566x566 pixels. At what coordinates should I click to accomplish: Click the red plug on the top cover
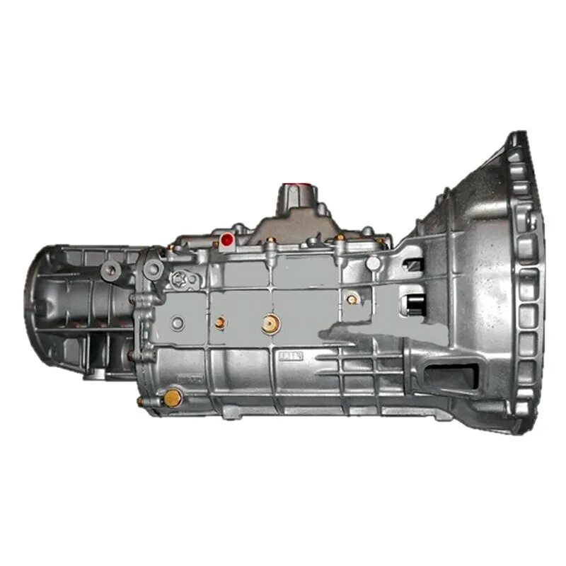click(x=227, y=240)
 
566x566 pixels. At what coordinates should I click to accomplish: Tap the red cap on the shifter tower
click(x=290, y=188)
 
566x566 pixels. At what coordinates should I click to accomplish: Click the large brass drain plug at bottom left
click(x=172, y=398)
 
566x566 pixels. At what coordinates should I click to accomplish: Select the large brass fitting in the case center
click(x=269, y=325)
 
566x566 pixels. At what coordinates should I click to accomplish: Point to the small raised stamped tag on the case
click(x=291, y=355)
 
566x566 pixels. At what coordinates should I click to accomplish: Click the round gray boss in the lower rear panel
click(x=178, y=323)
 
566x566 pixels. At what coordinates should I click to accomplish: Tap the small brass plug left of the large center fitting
click(x=221, y=323)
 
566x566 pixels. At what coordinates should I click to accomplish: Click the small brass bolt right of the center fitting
click(x=352, y=299)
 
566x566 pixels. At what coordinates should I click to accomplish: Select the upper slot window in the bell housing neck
click(x=413, y=265)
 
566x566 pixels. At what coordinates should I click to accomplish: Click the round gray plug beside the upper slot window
click(x=374, y=262)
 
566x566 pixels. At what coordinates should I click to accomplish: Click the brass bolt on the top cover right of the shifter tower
click(x=340, y=238)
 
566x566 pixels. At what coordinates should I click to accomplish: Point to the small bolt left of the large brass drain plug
click(x=139, y=401)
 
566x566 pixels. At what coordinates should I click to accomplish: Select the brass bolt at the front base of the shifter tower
click(x=271, y=241)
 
